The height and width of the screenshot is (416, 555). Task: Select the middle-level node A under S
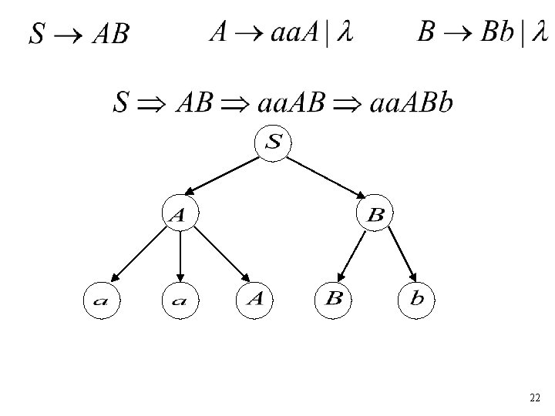point(179,215)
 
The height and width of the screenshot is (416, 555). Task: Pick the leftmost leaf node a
point(101,300)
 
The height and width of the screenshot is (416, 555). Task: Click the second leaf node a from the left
point(179,300)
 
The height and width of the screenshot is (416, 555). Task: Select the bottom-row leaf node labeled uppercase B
point(334,299)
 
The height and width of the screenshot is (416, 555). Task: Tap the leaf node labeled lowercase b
point(416,299)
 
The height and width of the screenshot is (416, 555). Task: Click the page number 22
point(535,398)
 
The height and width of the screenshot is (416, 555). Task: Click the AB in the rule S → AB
point(110,34)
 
